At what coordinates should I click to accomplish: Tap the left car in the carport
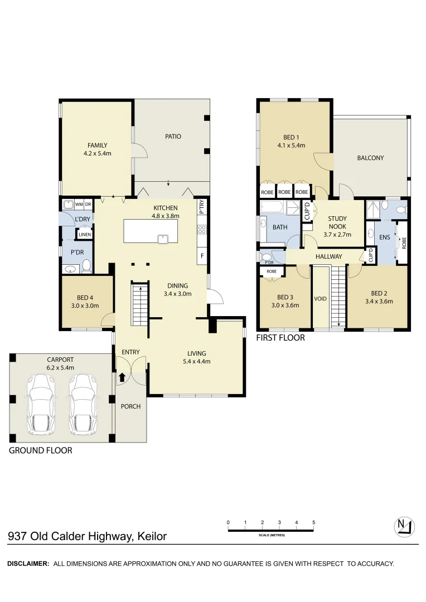pyautogui.click(x=40, y=404)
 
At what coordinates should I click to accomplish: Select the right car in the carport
pyautogui.click(x=83, y=404)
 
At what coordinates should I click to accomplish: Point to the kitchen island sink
pyautogui.click(x=163, y=239)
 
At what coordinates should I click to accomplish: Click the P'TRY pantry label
pyautogui.click(x=202, y=207)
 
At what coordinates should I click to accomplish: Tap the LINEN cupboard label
pyautogui.click(x=85, y=235)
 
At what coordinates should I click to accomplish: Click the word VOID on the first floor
pyautogui.click(x=320, y=299)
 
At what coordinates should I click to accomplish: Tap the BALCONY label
pyautogui.click(x=370, y=158)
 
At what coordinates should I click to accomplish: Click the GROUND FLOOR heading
pyautogui.click(x=40, y=450)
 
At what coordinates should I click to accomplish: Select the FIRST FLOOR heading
pyautogui.click(x=280, y=338)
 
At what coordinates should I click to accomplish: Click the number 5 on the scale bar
pyautogui.click(x=314, y=522)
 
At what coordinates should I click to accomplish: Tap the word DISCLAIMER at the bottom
pyautogui.click(x=28, y=564)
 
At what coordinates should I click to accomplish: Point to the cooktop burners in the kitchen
pyautogui.click(x=202, y=230)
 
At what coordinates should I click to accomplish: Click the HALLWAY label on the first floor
pyautogui.click(x=329, y=256)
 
